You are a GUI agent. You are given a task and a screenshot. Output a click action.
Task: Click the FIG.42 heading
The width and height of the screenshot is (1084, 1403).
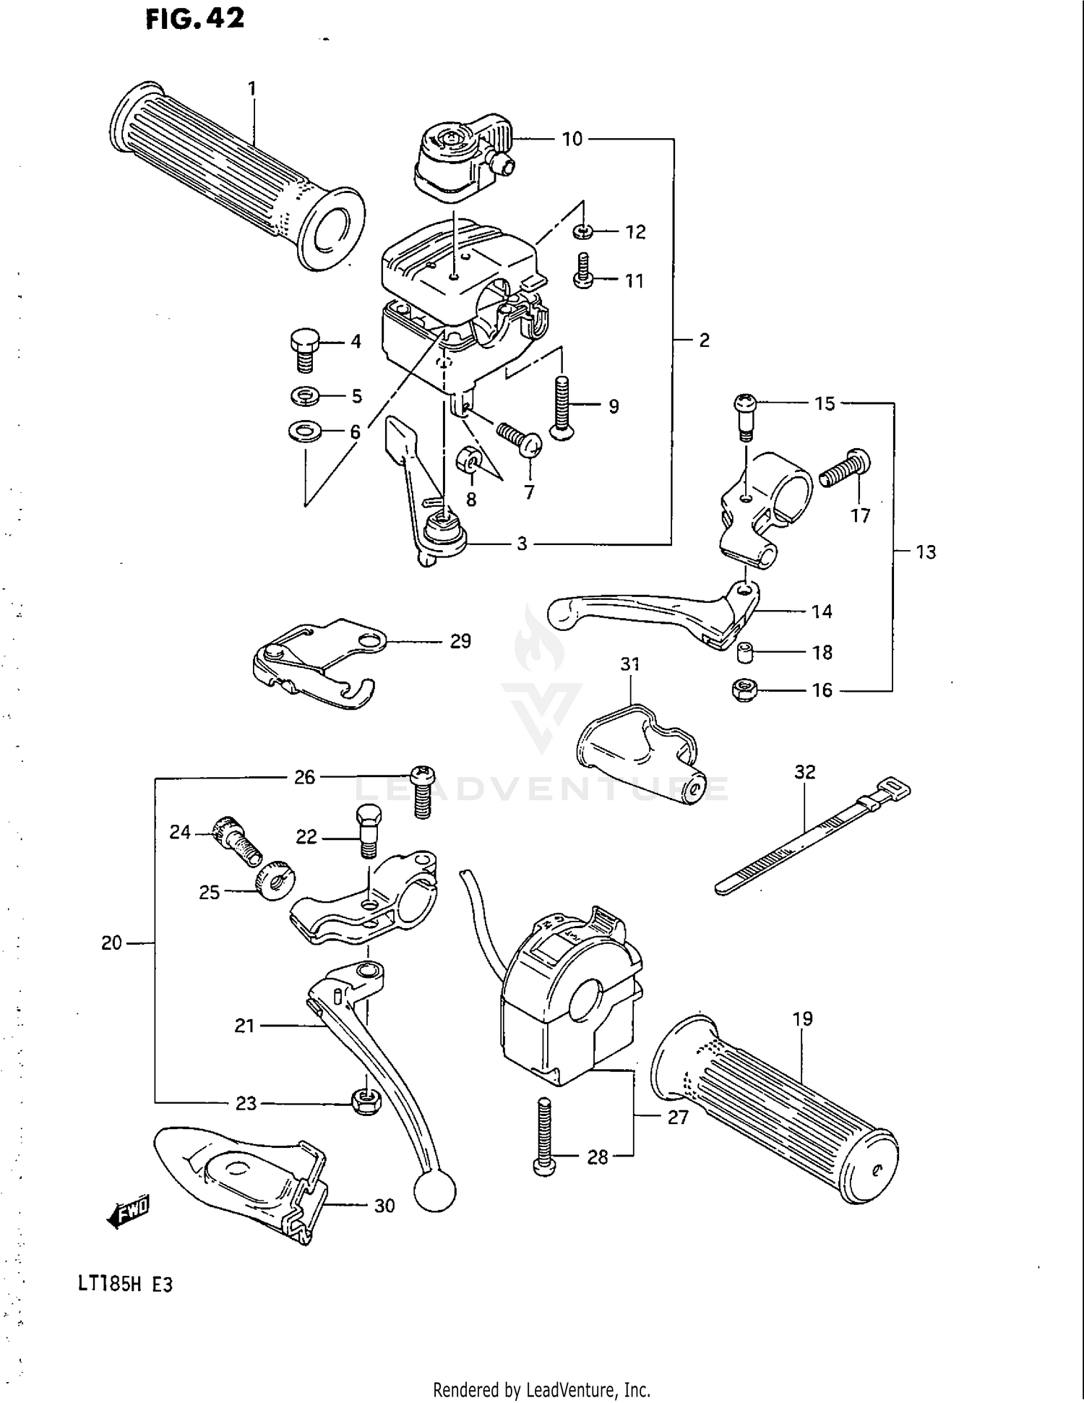tap(195, 19)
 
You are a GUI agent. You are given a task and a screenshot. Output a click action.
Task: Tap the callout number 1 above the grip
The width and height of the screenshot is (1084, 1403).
tap(251, 89)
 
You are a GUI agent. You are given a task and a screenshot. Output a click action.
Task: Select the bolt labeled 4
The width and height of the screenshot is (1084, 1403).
tap(304, 350)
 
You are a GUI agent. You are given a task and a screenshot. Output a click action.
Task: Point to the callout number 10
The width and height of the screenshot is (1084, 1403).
tap(572, 139)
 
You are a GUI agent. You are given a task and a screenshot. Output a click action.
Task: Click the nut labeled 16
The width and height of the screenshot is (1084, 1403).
tap(744, 690)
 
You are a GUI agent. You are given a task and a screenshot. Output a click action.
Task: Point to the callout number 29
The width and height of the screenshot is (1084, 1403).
tap(460, 641)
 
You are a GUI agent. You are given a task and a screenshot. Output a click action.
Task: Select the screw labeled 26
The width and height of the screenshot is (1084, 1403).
tap(422, 791)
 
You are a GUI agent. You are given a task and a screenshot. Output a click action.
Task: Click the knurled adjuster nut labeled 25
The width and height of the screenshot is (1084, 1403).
tap(275, 880)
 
